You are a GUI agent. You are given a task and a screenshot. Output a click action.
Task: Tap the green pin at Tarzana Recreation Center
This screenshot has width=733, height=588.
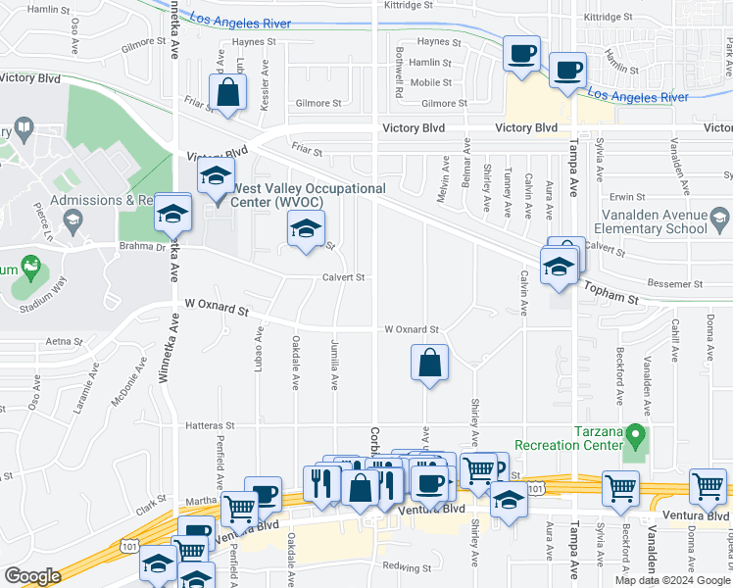click(635, 433)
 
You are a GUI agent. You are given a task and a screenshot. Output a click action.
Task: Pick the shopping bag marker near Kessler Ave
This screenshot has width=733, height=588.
click(227, 95)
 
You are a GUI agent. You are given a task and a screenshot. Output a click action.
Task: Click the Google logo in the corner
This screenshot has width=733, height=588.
click(32, 576)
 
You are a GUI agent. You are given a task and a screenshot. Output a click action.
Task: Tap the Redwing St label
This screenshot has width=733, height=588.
click(407, 567)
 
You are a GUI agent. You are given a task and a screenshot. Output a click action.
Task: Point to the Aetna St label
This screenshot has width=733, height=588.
click(65, 341)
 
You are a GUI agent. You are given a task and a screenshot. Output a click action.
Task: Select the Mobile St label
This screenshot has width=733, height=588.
click(430, 82)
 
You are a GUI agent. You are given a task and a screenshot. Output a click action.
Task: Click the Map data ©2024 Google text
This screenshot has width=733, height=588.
click(672, 580)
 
